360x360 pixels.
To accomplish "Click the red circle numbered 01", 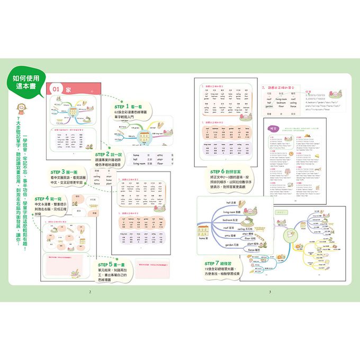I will point(57,90).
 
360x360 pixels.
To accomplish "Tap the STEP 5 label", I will point(108,264).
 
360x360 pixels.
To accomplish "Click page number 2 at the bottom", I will point(91,292).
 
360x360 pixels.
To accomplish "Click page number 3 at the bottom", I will point(269,292).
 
